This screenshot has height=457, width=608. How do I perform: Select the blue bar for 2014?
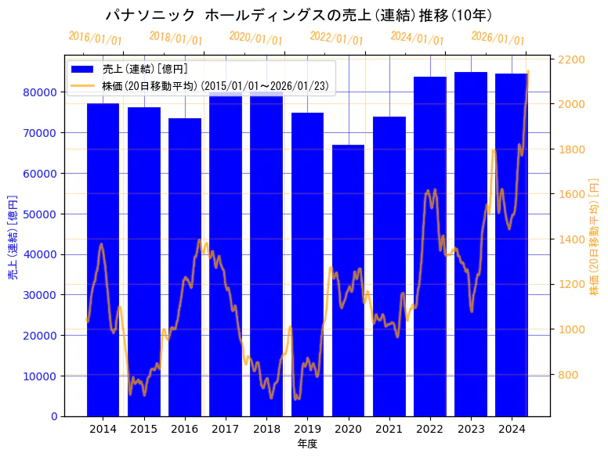click(103, 259)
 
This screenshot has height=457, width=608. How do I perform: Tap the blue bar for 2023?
click(471, 243)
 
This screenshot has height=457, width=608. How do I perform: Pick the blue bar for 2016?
click(185, 267)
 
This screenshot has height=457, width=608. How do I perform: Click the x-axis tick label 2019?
click(307, 429)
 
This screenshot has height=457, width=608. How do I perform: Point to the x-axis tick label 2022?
click(429, 429)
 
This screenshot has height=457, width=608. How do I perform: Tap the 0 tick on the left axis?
click(53, 416)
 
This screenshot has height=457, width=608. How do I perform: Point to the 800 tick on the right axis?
click(567, 375)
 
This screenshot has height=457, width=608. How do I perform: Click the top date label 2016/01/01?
click(95, 38)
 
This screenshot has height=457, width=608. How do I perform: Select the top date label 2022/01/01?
click(336, 38)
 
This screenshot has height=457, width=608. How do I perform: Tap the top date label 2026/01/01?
click(498, 38)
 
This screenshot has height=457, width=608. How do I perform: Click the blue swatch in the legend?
click(83, 70)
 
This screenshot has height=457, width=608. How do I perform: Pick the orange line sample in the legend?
click(83, 86)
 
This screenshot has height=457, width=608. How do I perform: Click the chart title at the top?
click(299, 15)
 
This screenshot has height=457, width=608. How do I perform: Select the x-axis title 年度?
click(307, 444)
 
